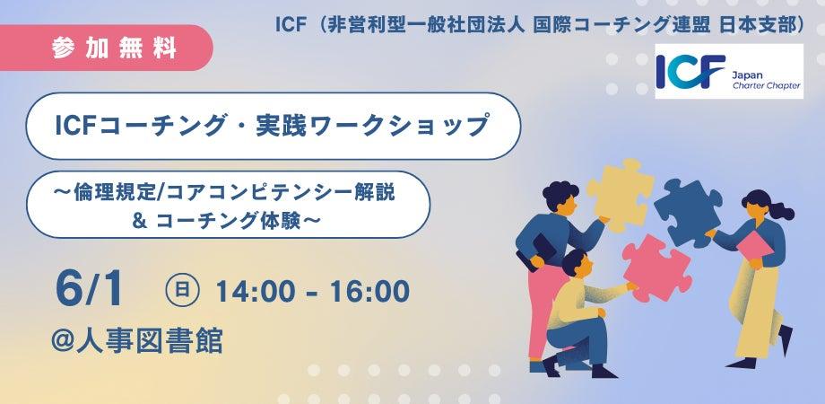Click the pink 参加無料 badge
click(x=105, y=48)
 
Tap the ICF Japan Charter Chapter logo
click(x=729, y=71)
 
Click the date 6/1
click(x=89, y=291)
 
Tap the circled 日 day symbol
click(x=182, y=290)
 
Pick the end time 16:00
click(x=369, y=291)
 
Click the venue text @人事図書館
click(x=137, y=339)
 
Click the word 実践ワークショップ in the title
click(x=372, y=126)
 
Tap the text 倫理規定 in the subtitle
click(x=117, y=193)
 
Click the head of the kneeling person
click(x=574, y=262)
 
